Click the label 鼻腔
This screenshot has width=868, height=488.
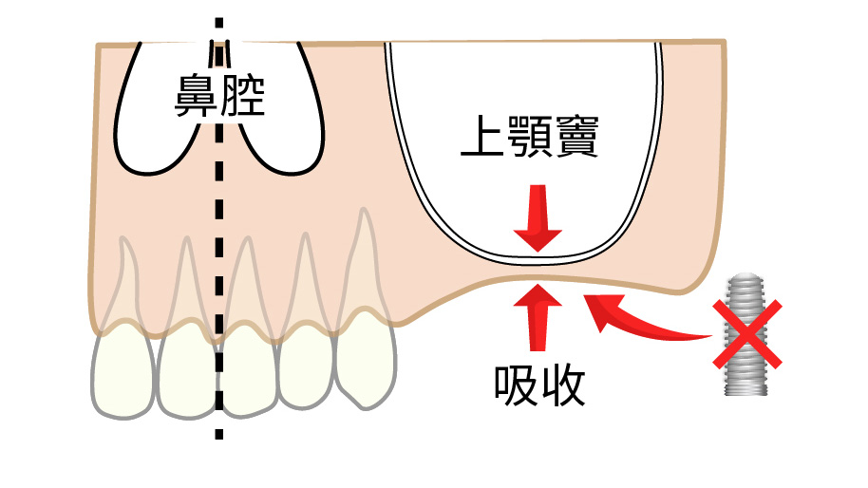point(217,96)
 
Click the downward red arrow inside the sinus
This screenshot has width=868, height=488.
point(538,219)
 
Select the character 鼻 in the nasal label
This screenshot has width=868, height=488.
point(195,96)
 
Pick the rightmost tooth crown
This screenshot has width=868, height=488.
point(366,361)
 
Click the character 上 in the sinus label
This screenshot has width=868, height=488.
point(481,141)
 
